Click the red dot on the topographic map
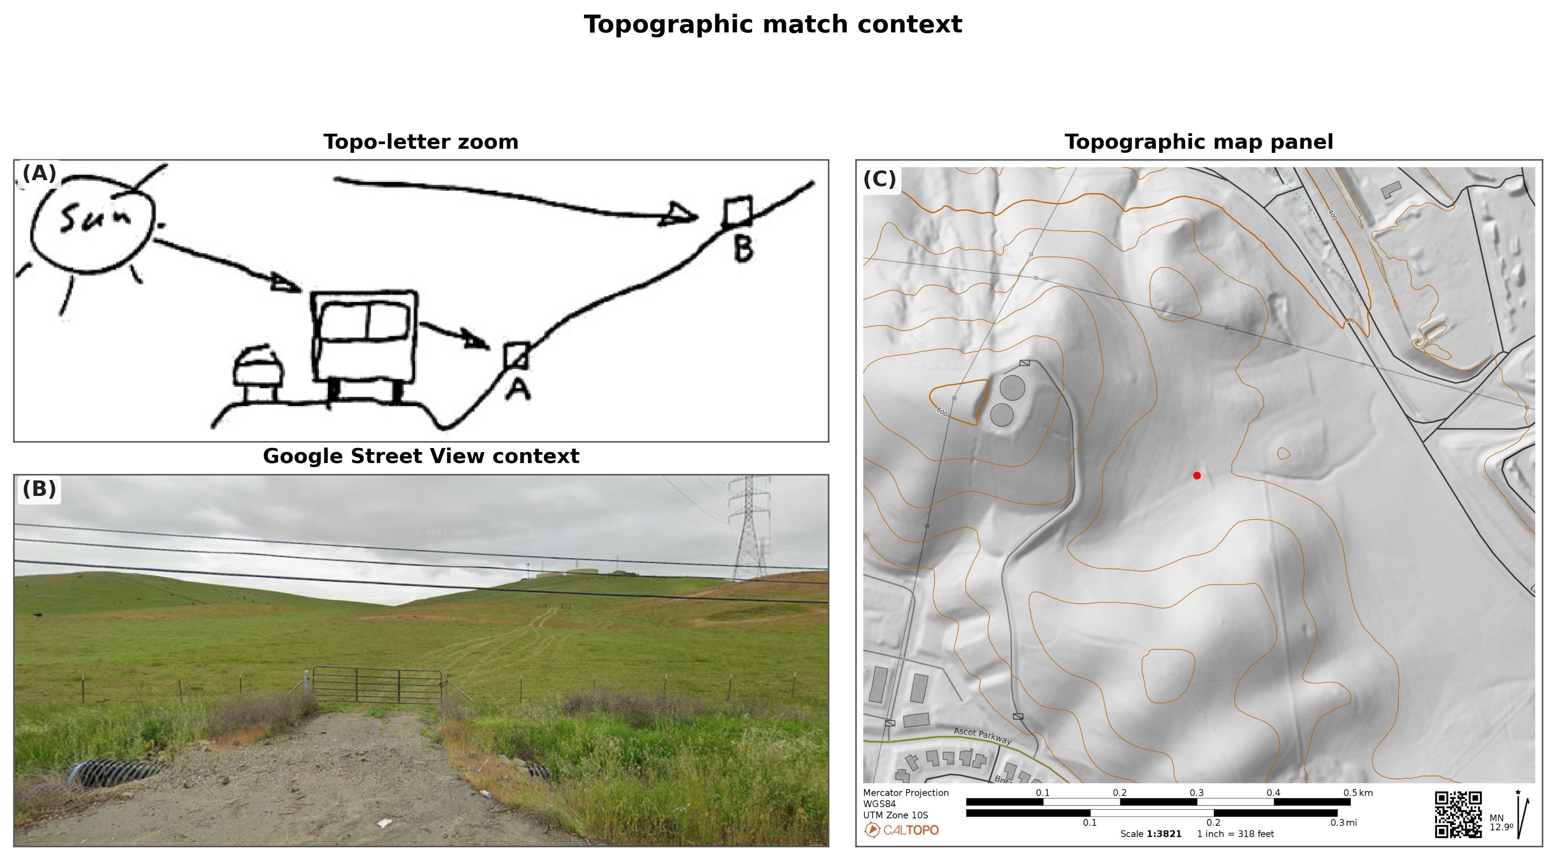point(1197,475)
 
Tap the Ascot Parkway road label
point(982,735)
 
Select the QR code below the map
point(1458,815)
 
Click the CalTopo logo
point(901,830)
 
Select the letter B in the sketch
point(744,248)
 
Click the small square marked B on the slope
point(738,211)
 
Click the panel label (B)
point(39,489)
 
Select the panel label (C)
point(879,179)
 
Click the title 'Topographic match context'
point(773,25)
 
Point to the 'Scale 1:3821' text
point(1150,834)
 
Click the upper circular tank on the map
point(1012,388)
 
